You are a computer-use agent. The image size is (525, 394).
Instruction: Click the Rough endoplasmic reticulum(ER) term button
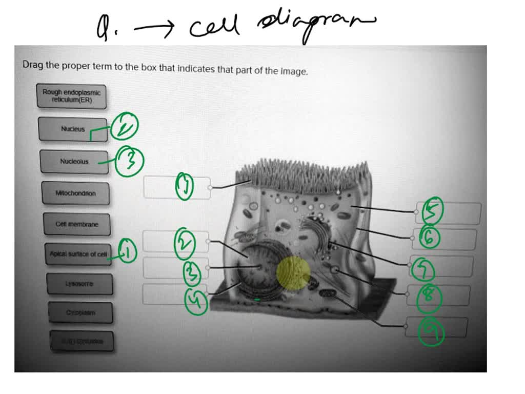(71, 96)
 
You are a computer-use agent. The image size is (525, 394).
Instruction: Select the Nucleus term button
(73, 129)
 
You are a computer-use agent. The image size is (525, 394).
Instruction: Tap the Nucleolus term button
(74, 162)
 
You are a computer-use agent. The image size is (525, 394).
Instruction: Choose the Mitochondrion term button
(76, 193)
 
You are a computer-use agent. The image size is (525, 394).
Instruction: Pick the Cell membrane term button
(77, 224)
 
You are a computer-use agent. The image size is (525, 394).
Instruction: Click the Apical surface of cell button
(78, 254)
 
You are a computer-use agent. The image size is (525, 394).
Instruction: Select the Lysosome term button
(79, 284)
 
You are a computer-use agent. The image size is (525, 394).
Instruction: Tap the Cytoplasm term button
(80, 312)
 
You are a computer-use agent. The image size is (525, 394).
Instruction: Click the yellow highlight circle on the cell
(293, 273)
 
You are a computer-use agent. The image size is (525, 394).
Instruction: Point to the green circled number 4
(196, 301)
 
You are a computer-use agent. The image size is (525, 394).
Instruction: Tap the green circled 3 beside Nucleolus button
(130, 161)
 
